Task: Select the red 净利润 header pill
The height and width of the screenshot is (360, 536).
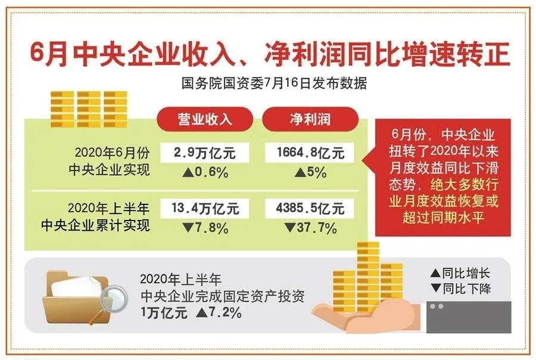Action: (x=310, y=119)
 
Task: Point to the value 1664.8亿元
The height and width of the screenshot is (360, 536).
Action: (x=310, y=153)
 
